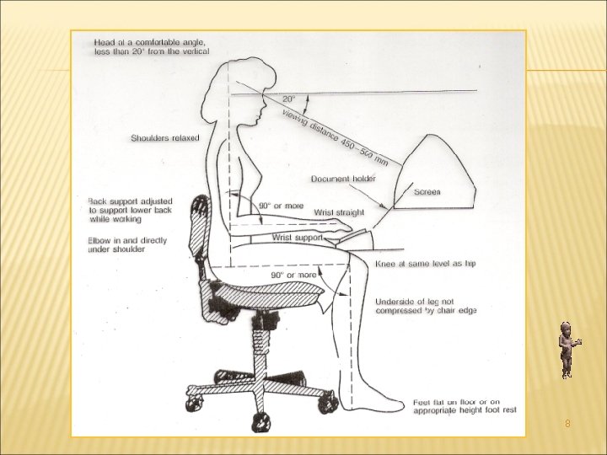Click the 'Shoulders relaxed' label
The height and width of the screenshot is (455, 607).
coord(165,138)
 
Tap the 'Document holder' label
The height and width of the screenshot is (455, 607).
coord(343,179)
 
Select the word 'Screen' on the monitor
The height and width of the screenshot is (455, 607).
coord(427,192)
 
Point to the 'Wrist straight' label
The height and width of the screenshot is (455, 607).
coord(339,212)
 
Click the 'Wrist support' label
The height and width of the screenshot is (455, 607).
coord(298,238)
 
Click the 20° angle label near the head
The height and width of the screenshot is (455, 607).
coord(287,99)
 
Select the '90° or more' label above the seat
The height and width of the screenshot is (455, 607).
coord(293,275)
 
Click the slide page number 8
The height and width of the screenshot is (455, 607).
coord(567,424)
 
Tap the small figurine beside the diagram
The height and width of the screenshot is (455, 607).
coord(567,349)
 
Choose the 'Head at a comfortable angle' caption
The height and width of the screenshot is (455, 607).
coord(152,45)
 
